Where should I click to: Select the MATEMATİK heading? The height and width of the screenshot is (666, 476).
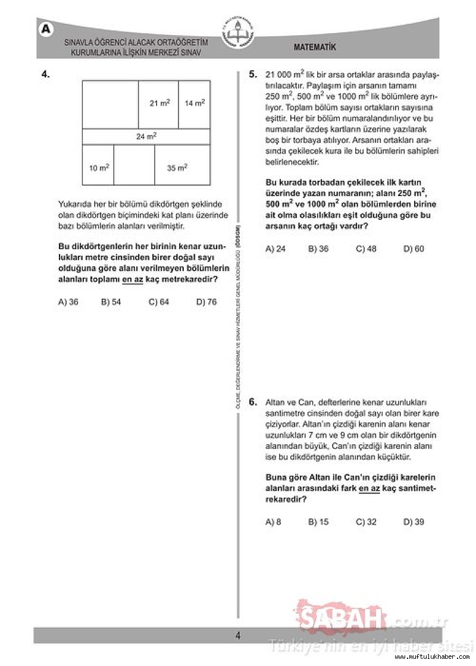pyautogui.click(x=315, y=47)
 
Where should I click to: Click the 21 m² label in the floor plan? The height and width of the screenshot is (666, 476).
pyautogui.click(x=159, y=103)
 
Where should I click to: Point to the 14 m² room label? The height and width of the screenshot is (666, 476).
pyautogui.click(x=195, y=103)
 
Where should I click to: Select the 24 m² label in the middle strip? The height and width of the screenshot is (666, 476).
pyautogui.click(x=146, y=136)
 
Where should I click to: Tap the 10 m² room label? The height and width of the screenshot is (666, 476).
pyautogui.click(x=99, y=168)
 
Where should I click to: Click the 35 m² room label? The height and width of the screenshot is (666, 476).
pyautogui.click(x=177, y=168)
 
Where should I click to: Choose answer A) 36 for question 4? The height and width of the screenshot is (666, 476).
pyautogui.click(x=68, y=301)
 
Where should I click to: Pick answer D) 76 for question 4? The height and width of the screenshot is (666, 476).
pyautogui.click(x=206, y=301)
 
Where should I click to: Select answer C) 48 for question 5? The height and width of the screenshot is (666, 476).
pyautogui.click(x=366, y=249)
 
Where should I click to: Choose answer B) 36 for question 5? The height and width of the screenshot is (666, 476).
pyautogui.click(x=318, y=249)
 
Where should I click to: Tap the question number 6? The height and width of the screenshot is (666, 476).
pyautogui.click(x=253, y=402)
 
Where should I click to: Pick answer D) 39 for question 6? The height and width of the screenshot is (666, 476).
pyautogui.click(x=414, y=522)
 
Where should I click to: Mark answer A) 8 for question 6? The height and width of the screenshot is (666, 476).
pyautogui.click(x=273, y=522)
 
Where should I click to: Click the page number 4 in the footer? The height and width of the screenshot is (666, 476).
pyautogui.click(x=237, y=635)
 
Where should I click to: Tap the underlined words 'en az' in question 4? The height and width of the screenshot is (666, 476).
pyautogui.click(x=133, y=279)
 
